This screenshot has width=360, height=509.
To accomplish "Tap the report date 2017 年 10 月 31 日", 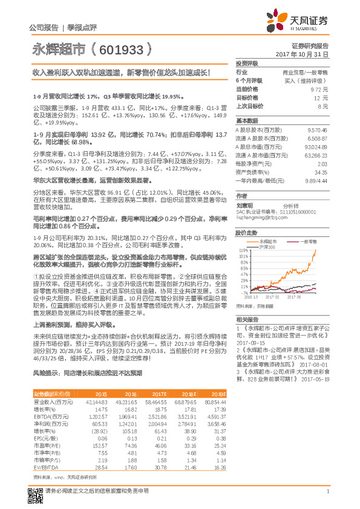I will (x=301, y=54).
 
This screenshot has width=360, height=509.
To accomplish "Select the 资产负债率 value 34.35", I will (x=321, y=172).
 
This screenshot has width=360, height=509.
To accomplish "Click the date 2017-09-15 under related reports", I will (x=249, y=341).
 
